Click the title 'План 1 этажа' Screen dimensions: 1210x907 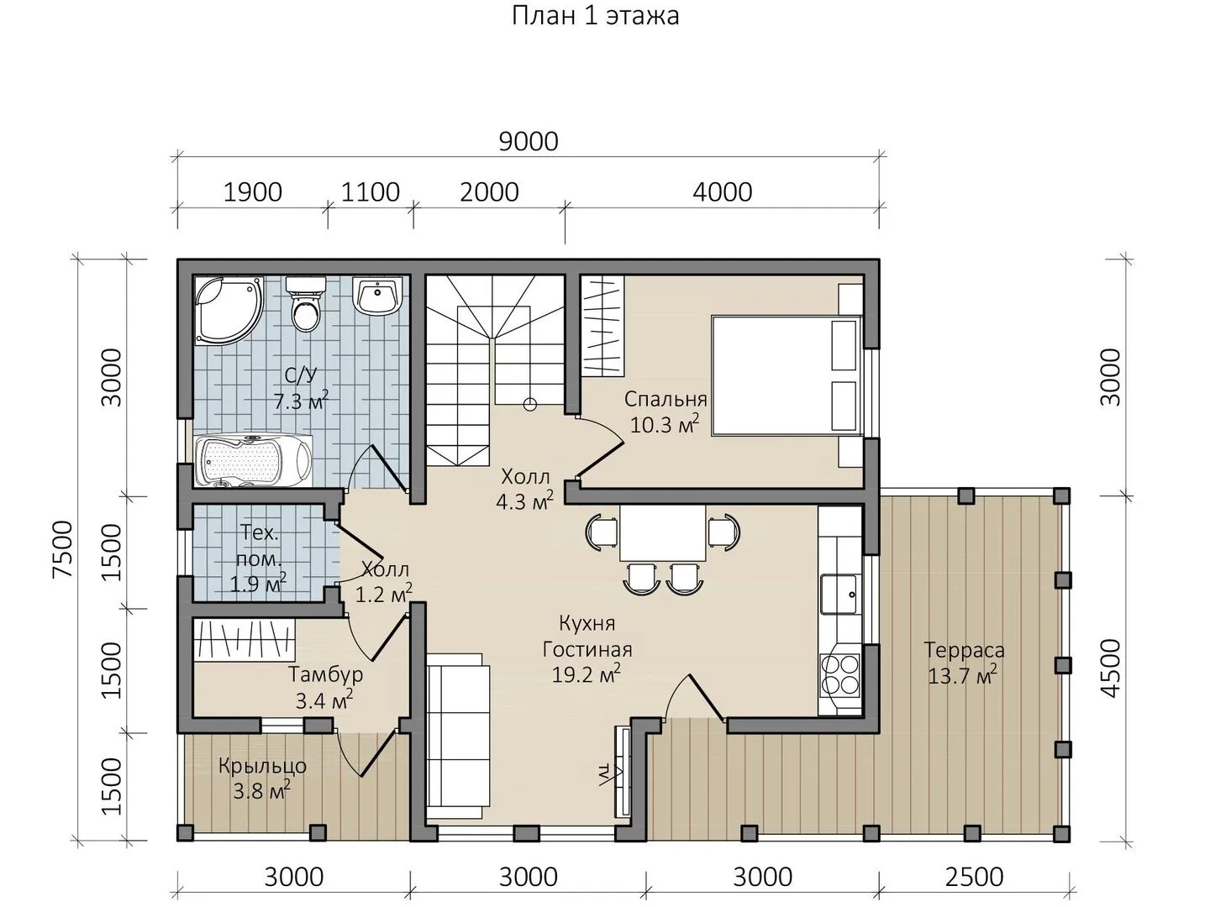click(x=595, y=15)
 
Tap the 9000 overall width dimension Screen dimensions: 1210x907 click(x=528, y=142)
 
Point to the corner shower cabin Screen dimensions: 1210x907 click(x=229, y=310)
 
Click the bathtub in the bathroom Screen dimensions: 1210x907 click(x=254, y=461)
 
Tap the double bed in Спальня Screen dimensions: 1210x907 click(x=786, y=375)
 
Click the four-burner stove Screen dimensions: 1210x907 click(x=839, y=675)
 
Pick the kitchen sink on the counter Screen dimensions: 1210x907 click(x=839, y=595)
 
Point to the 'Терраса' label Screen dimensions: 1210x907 click(x=964, y=650)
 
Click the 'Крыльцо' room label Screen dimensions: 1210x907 click(x=262, y=766)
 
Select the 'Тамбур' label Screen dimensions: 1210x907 click(x=325, y=674)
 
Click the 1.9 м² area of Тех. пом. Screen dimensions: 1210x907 click(x=258, y=583)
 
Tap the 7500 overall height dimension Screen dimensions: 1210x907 click(x=63, y=549)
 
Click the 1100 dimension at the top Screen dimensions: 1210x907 click(x=371, y=192)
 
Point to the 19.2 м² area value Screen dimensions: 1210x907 click(x=587, y=674)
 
